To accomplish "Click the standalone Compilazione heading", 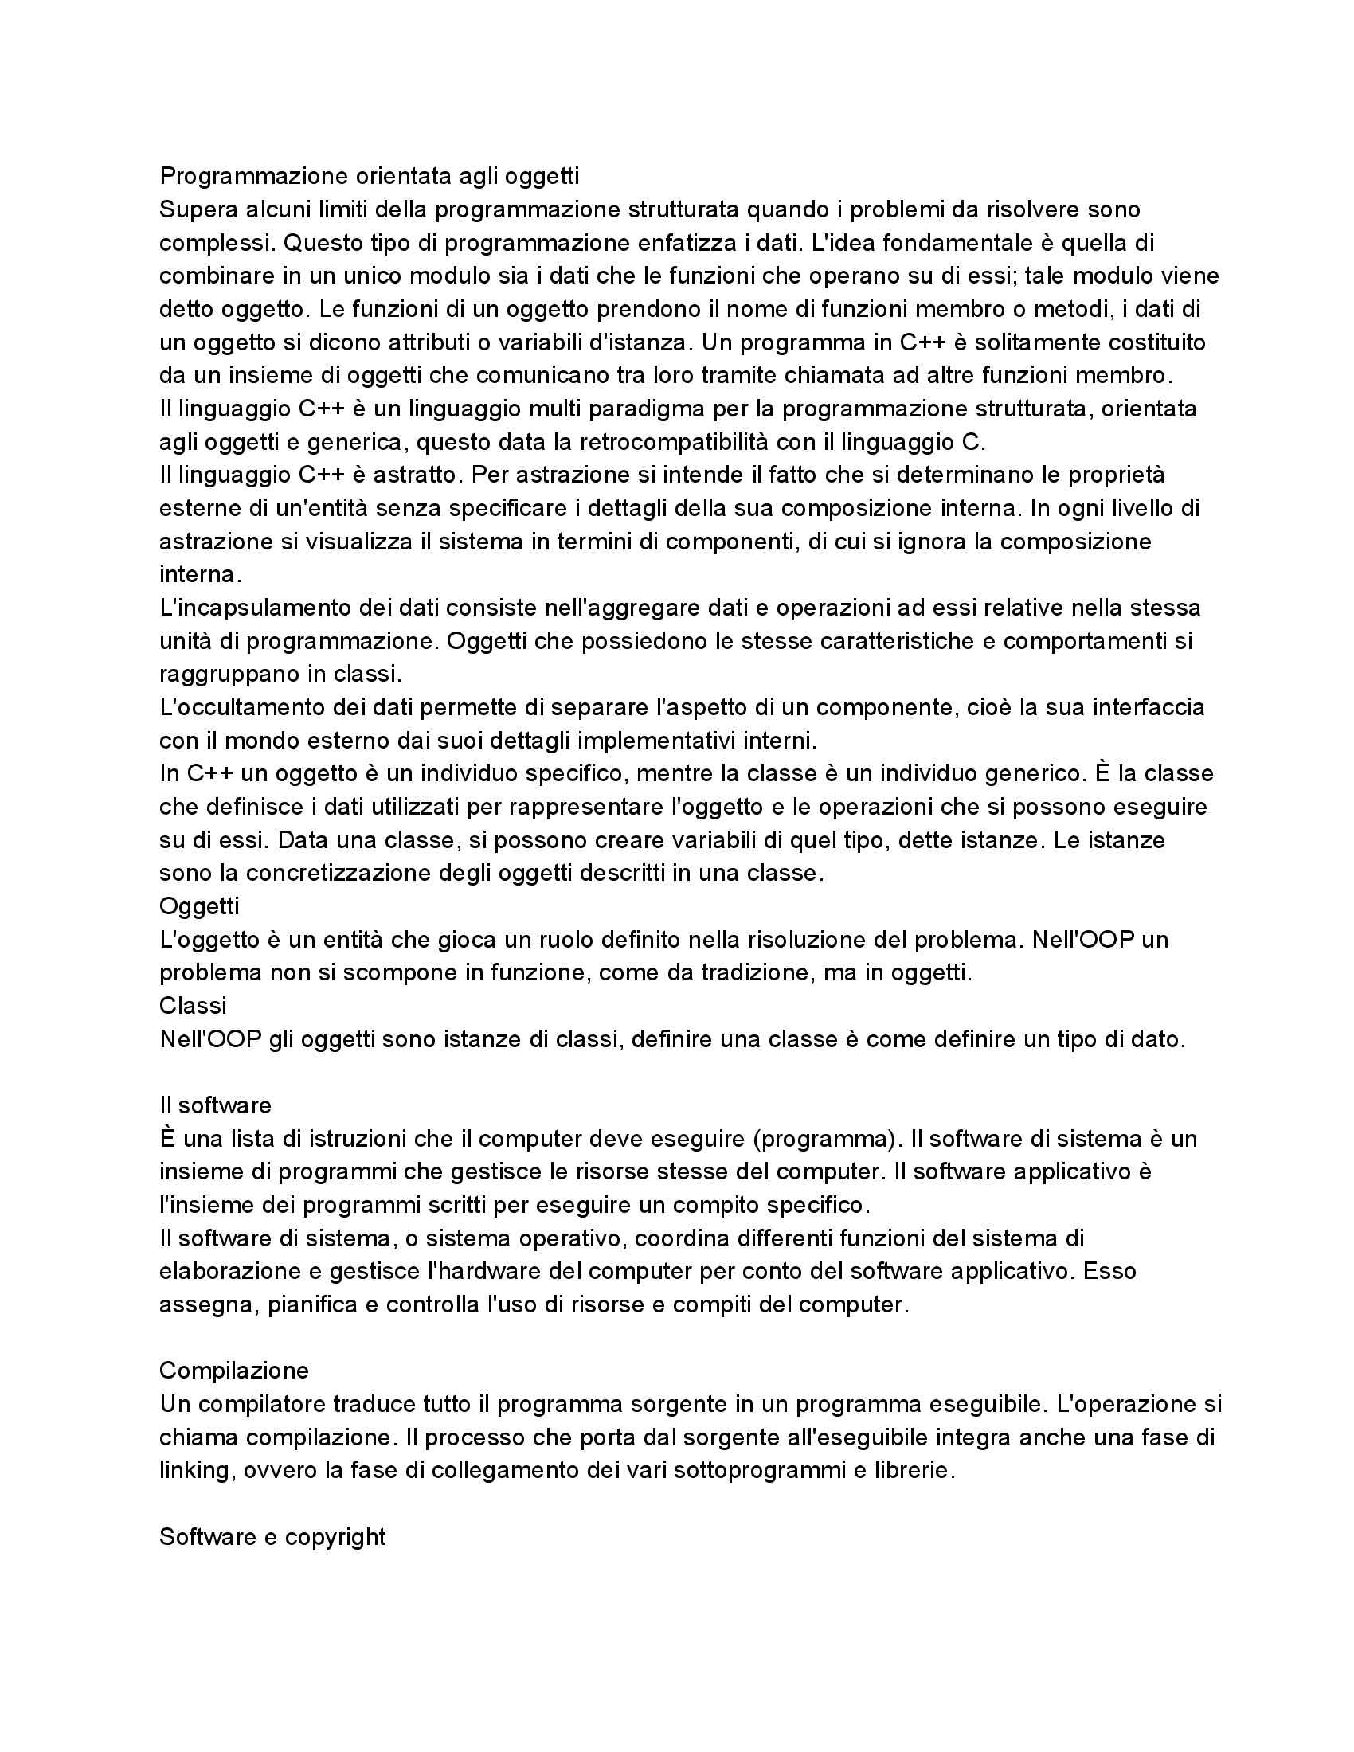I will tap(234, 1370).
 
